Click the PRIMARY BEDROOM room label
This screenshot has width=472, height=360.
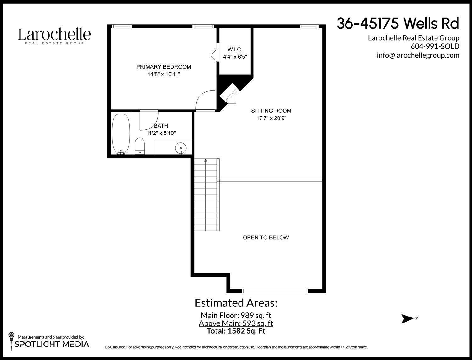click(164, 67)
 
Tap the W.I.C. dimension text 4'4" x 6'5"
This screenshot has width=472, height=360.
click(235, 57)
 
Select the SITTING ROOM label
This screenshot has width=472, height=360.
click(271, 111)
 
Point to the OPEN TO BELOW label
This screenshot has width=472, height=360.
click(266, 237)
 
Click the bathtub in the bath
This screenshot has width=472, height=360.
click(121, 134)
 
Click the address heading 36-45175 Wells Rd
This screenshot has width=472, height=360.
click(398, 23)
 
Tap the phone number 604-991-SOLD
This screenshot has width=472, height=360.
click(435, 46)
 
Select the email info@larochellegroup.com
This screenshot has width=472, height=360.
click(418, 55)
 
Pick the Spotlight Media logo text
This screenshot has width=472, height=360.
click(52, 344)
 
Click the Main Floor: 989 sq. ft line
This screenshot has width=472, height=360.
click(236, 315)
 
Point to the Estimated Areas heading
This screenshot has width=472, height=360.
click(236, 303)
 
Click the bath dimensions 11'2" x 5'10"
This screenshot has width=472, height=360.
click(161, 133)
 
